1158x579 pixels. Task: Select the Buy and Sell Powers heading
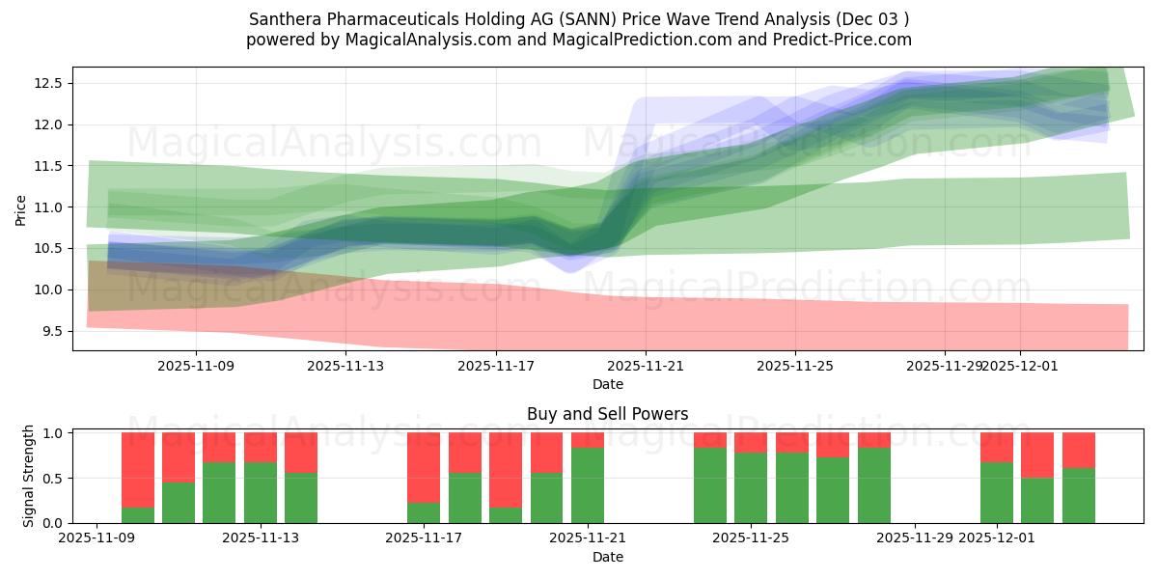607,414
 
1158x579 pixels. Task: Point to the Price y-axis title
21,209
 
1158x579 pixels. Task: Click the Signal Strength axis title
29,476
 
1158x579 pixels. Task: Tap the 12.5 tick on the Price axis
49,84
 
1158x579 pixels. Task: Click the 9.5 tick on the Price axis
49,332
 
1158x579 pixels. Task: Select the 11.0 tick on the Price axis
49,207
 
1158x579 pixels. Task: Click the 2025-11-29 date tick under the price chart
945,367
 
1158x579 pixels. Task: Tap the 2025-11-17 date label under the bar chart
424,538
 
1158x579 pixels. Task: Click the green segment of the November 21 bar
588,485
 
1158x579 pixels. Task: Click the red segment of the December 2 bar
1037,455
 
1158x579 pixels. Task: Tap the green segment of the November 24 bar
710,485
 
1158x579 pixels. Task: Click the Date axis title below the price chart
607,384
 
